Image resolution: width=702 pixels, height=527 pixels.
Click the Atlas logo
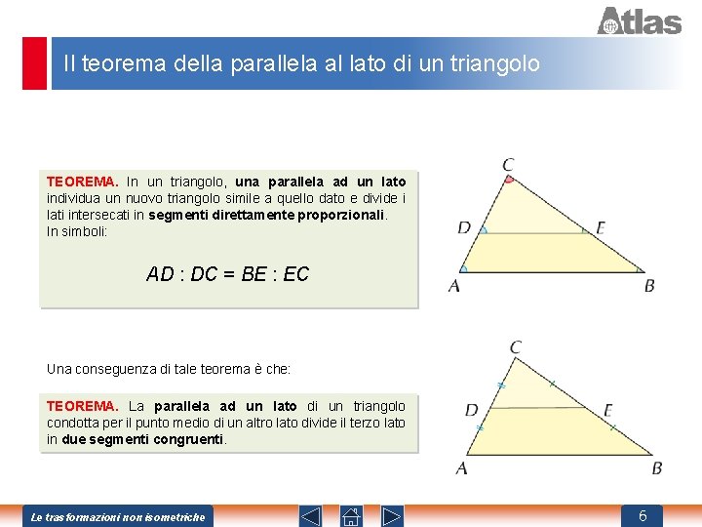(x=639, y=20)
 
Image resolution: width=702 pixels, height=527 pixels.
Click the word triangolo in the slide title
(x=494, y=63)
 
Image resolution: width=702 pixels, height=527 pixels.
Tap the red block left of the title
(x=34, y=63)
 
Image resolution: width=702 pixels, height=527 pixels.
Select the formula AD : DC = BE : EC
(x=227, y=274)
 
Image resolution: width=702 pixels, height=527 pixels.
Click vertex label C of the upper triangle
(x=509, y=164)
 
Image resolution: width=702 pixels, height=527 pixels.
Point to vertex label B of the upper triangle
(x=649, y=286)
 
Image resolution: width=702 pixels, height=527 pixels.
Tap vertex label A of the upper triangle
(x=454, y=286)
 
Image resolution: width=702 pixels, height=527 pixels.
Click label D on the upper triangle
(x=464, y=228)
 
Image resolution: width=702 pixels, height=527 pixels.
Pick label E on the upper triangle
(x=601, y=228)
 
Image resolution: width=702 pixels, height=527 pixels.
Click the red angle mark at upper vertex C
(x=509, y=180)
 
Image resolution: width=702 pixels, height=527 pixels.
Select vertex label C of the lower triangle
(x=515, y=347)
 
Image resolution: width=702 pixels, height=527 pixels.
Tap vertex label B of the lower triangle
(x=656, y=468)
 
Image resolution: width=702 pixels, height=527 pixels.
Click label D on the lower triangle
(x=472, y=410)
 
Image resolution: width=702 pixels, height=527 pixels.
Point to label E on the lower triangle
(x=608, y=410)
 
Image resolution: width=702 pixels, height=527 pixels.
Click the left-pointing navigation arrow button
(x=310, y=516)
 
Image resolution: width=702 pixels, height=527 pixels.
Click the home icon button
(x=352, y=516)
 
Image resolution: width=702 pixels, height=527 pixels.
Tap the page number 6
(x=643, y=515)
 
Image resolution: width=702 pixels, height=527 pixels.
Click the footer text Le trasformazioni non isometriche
(x=118, y=516)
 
